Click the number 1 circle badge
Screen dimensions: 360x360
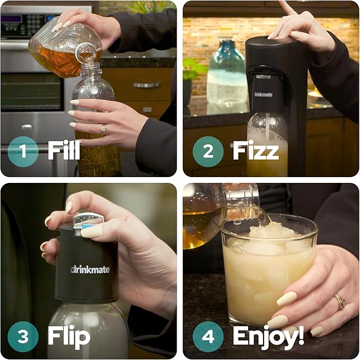coord(23,152)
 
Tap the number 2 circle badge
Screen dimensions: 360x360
coord(208,152)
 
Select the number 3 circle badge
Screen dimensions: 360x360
coord(23,335)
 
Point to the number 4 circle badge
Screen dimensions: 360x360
coord(208,335)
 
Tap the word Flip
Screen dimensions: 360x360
coord(69,335)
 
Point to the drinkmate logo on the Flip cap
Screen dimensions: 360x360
coord(90,269)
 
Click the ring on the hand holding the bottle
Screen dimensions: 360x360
coord(103,128)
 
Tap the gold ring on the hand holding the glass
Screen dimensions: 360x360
coord(340,302)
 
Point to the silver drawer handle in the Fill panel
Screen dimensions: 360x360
coord(146,84)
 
